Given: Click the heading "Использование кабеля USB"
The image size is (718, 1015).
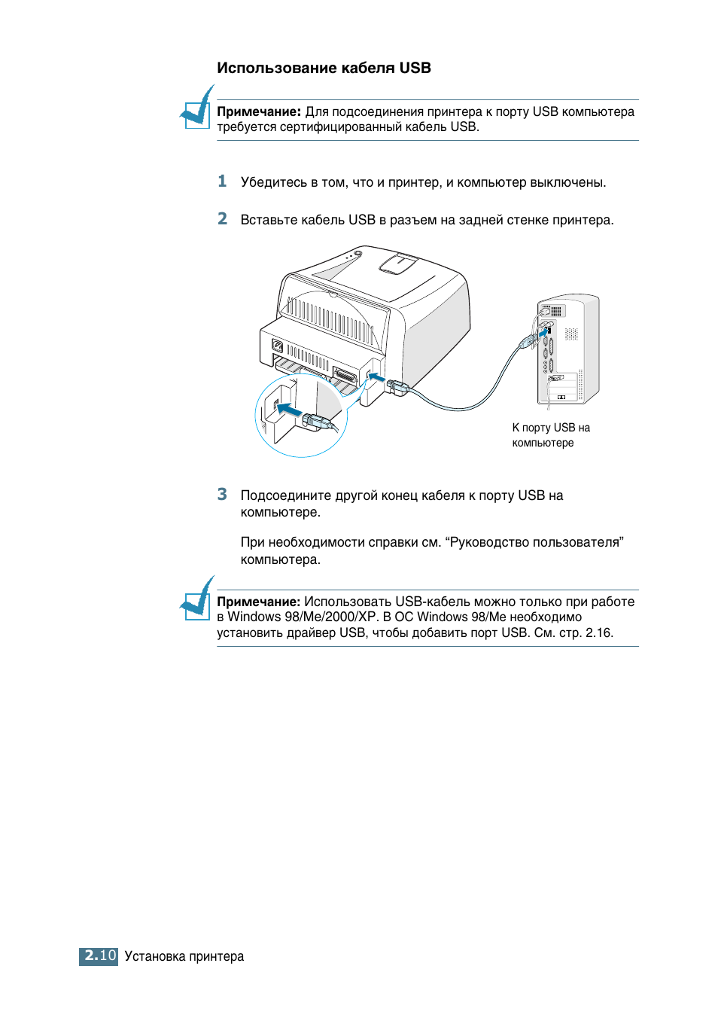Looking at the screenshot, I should click(x=324, y=68).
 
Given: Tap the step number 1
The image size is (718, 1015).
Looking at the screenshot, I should click(x=222, y=181).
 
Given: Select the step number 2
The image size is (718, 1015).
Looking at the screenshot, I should click(x=222, y=218).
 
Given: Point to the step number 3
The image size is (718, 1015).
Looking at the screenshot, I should click(x=222, y=494).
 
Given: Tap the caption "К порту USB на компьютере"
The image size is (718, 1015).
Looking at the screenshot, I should click(x=550, y=434).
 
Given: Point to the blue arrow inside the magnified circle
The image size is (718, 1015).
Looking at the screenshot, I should click(x=288, y=410).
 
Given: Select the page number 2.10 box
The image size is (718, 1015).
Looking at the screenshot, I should click(x=99, y=956).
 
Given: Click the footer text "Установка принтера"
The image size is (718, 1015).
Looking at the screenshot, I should click(x=184, y=956).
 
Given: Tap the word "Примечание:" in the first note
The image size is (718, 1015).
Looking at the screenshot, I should click(x=259, y=111).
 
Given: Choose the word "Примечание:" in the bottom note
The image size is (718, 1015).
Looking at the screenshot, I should click(x=259, y=602).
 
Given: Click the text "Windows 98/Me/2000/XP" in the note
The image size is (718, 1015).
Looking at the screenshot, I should click(x=302, y=617).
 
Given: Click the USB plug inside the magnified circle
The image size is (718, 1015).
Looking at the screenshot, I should click(x=319, y=422).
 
